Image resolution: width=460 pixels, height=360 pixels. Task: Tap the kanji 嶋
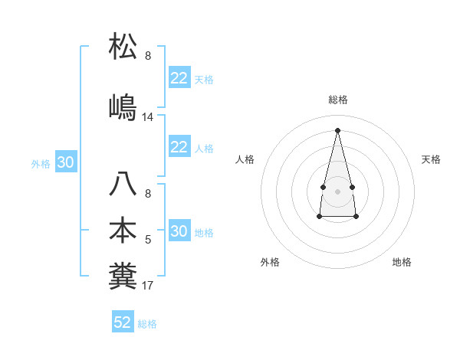point(123,106)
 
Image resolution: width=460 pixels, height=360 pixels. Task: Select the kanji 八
point(123,185)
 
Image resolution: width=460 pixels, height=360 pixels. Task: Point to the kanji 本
point(123,230)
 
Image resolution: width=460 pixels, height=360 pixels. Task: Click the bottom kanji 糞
point(123,276)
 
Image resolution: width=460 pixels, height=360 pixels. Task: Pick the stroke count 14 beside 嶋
point(148,117)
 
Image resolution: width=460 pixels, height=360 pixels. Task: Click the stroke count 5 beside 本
point(148,240)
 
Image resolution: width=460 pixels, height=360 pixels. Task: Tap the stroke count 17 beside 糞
point(148,286)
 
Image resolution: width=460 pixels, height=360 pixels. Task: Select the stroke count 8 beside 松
point(148,56)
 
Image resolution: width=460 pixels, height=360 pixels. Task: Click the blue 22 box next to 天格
point(179,78)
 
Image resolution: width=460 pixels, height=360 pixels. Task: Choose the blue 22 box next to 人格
point(179,147)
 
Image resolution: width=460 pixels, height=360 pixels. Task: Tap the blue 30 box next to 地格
point(179,231)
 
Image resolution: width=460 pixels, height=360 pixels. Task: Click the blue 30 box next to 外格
point(66,162)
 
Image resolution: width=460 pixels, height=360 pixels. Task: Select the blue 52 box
point(123,322)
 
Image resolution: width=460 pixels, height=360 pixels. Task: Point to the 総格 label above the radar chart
point(337,100)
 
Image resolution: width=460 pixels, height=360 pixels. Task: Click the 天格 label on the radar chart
point(431,159)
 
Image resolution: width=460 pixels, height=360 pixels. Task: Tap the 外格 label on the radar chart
point(270,262)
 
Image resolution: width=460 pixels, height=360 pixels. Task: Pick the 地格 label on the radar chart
point(402,262)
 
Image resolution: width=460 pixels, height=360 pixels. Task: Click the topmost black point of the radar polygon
point(337,129)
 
